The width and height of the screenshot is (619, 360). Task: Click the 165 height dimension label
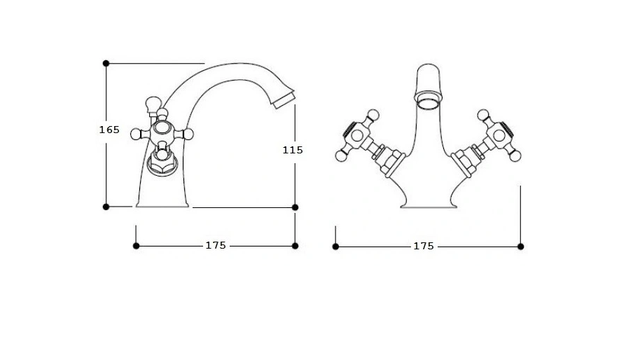point(109,130)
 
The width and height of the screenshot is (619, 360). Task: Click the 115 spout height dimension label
point(293,150)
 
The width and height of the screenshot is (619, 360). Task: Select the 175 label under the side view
point(216,246)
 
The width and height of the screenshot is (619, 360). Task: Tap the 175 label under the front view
point(424,247)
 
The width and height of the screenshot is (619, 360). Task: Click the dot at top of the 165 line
point(106,63)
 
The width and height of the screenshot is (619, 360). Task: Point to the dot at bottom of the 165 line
point(106,207)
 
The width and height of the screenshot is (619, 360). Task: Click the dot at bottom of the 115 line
point(295,207)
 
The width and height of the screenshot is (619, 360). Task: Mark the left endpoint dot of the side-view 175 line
point(137,246)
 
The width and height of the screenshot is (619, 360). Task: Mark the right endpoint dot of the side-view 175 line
point(295,246)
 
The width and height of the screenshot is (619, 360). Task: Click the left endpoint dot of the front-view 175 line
point(335,247)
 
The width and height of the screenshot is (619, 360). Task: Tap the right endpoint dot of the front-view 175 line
point(521,247)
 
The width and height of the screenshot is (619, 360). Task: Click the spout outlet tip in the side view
point(284,99)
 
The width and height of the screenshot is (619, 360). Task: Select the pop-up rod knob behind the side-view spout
point(153,104)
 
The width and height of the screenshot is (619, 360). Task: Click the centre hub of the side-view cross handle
point(162,128)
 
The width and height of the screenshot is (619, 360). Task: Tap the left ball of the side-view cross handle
point(137,134)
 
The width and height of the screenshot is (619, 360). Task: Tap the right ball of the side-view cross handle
point(188,134)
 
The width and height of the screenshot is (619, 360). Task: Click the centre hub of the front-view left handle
point(357,136)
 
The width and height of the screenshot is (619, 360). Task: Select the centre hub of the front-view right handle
point(499,135)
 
